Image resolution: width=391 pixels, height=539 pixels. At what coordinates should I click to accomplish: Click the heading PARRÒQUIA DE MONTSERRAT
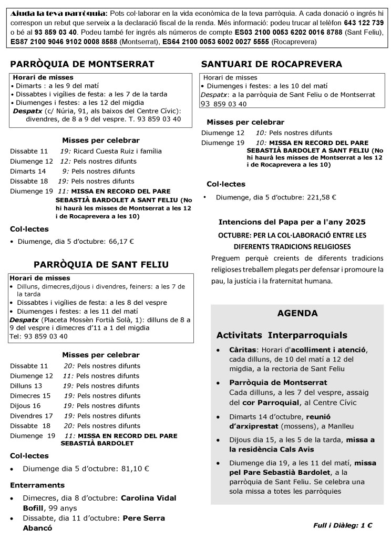(x=82, y=64)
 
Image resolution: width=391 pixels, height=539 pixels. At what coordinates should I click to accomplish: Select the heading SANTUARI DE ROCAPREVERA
(x=272, y=64)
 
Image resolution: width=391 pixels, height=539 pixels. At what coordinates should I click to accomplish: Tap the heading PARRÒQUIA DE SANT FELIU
(x=101, y=264)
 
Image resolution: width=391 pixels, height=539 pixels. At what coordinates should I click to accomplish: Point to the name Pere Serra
(x=144, y=518)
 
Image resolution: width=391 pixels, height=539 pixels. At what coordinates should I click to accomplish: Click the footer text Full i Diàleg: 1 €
(x=343, y=525)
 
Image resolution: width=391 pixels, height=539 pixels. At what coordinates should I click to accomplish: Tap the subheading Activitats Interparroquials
(x=282, y=335)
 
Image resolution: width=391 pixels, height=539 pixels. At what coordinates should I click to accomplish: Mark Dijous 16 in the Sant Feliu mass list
(x=25, y=406)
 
